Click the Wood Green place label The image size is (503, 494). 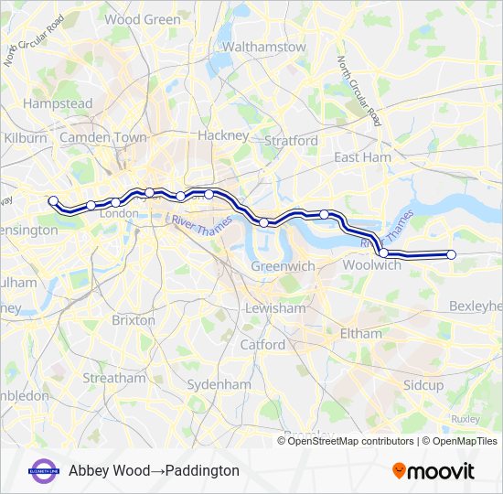(143, 19)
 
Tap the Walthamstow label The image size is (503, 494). (263, 47)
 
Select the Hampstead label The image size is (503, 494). (58, 104)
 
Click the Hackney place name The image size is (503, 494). (223, 135)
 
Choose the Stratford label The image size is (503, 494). (291, 141)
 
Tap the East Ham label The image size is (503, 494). (362, 158)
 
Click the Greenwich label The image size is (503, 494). (283, 266)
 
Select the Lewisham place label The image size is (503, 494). (275, 308)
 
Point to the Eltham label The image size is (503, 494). (360, 334)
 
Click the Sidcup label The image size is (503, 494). (423, 385)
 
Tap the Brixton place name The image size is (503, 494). (134, 320)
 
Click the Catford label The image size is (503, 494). (262, 345)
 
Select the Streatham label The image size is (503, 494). (113, 378)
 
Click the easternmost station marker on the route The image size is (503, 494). (452, 255)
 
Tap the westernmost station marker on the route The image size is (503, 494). (53, 200)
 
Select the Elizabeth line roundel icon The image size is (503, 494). (44, 470)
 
